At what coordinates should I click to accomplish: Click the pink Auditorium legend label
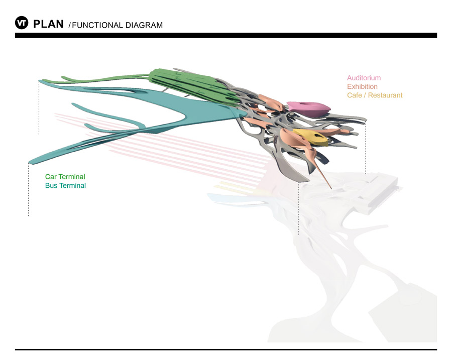(364, 78)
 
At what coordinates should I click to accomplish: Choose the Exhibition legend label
(362, 86)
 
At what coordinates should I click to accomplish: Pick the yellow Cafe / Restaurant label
(375, 95)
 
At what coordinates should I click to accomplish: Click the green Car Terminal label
(65, 177)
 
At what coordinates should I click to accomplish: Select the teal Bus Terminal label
(65, 185)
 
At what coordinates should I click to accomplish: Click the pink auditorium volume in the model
(307, 107)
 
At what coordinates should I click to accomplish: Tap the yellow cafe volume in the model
(309, 136)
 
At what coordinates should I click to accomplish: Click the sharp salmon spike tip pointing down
(330, 188)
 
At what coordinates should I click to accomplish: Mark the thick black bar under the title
(226, 36)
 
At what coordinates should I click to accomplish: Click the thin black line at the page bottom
(226, 349)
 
